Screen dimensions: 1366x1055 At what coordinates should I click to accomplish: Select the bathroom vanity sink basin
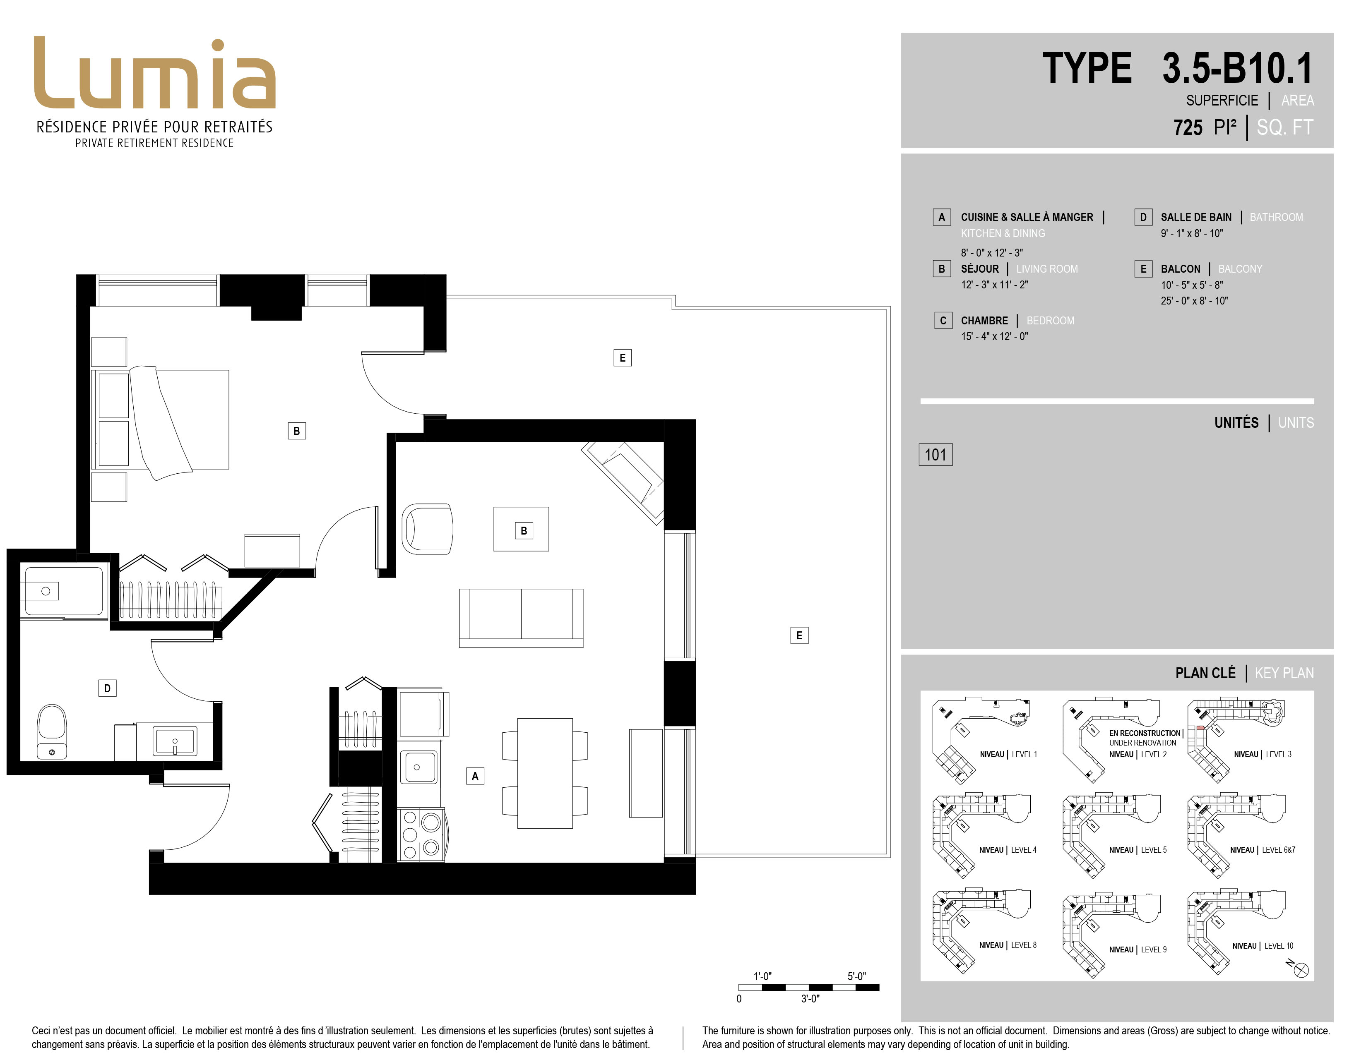(x=175, y=741)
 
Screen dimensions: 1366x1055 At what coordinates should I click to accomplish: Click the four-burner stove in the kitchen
(x=421, y=835)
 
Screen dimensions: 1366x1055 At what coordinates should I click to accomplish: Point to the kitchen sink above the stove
(x=419, y=767)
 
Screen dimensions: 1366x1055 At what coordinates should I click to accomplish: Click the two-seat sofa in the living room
(x=521, y=618)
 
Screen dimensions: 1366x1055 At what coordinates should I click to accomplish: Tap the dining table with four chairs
(x=545, y=773)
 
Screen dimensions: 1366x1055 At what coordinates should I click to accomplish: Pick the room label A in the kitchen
(x=475, y=776)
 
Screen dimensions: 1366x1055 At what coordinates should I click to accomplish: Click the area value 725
(x=1188, y=127)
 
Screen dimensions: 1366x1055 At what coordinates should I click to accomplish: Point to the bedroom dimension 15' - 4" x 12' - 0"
(x=994, y=336)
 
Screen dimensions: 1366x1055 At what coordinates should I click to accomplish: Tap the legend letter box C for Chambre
(x=943, y=321)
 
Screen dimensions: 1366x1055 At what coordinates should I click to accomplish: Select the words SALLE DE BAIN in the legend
(x=1196, y=217)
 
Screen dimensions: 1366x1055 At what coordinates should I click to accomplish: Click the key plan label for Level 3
(x=1263, y=754)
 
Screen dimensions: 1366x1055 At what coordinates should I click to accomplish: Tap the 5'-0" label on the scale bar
(x=856, y=976)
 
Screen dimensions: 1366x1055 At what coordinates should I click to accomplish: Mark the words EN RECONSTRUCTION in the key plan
(x=1145, y=733)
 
